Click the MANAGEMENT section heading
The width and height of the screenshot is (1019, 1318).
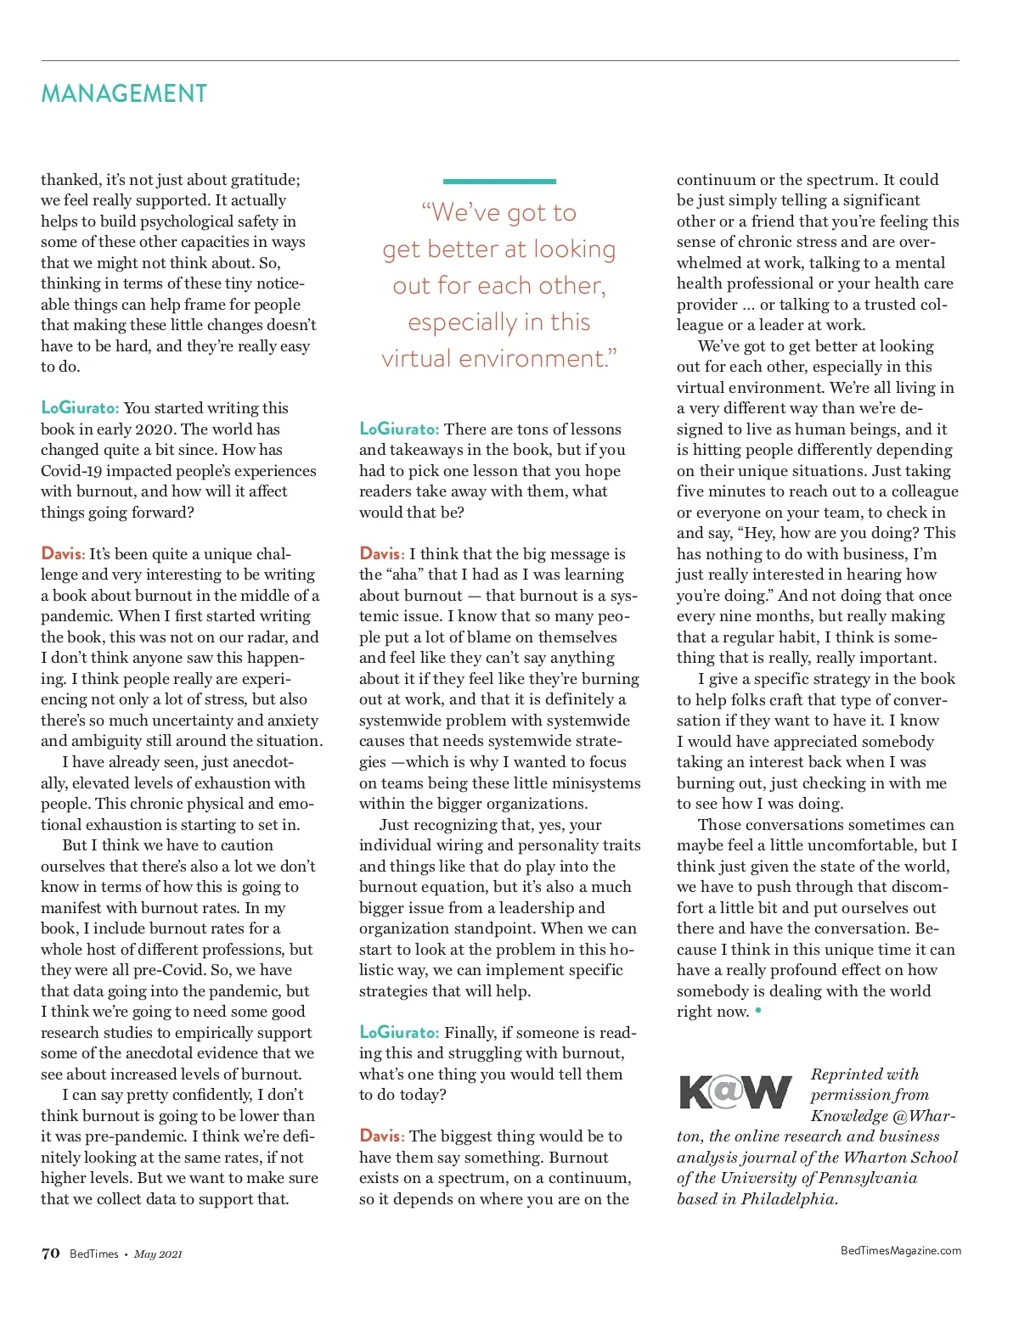click(x=124, y=93)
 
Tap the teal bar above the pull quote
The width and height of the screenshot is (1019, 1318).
click(x=499, y=181)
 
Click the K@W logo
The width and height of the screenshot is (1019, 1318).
click(x=735, y=1091)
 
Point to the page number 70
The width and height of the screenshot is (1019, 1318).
click(x=51, y=1254)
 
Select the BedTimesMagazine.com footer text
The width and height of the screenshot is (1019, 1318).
click(x=900, y=1250)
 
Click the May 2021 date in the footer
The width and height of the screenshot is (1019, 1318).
click(x=158, y=1254)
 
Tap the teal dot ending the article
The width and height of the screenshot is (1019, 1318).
click(x=758, y=1011)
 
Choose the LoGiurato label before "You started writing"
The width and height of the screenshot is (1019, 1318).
click(x=80, y=408)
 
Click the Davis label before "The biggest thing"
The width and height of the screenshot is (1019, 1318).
click(x=381, y=1136)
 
